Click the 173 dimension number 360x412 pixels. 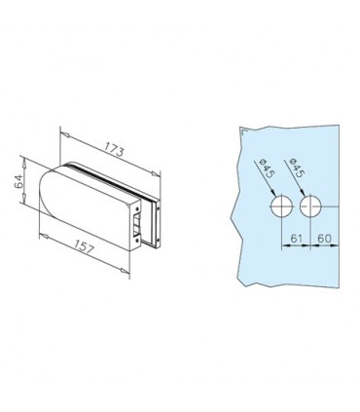point(114,149)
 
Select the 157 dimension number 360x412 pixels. point(83,247)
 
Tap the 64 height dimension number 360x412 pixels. point(18,181)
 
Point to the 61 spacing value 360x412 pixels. point(297,239)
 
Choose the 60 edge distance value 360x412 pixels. point(324,239)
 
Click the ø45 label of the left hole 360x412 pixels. point(267,168)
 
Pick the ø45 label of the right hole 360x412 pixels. point(296,168)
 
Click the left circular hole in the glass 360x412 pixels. point(282,206)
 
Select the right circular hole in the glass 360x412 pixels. point(310,206)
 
